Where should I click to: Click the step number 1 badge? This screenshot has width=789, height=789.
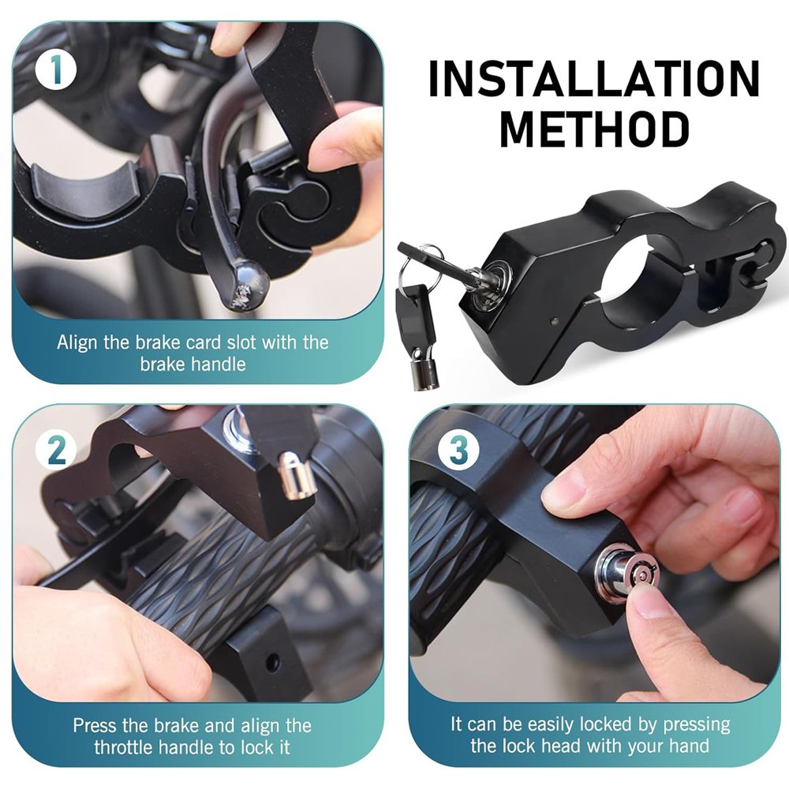(56, 70)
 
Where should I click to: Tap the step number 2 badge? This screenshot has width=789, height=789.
(56, 450)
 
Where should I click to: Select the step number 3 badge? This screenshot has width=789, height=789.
(458, 450)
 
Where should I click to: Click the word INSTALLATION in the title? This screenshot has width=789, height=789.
(594, 79)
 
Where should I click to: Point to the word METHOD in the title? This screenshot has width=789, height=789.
(594, 129)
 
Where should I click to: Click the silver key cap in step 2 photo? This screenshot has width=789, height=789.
(297, 475)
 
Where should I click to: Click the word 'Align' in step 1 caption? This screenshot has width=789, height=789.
(77, 342)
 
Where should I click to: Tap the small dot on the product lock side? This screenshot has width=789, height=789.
(554, 321)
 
